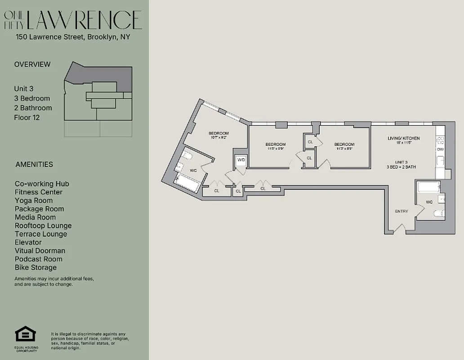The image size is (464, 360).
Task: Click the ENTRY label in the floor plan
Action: tap(402, 211)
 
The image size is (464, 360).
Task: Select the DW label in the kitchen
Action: tap(440, 149)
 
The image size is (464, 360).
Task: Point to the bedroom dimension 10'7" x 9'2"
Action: tap(219, 138)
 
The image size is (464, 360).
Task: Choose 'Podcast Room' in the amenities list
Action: tap(38, 259)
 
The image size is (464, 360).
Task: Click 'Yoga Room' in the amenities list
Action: tap(33, 200)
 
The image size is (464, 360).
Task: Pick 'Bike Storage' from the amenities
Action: tap(36, 267)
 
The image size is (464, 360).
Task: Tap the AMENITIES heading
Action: tap(34, 164)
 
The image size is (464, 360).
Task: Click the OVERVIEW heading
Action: tap(32, 64)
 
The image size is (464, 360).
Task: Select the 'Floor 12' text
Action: tap(27, 117)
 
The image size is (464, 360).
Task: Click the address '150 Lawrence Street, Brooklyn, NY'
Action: tap(73, 37)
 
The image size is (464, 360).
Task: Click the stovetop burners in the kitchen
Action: tap(441, 140)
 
